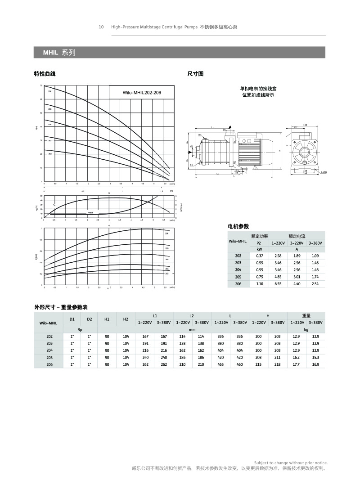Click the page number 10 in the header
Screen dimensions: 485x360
(101, 27)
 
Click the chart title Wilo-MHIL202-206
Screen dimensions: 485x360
(142, 92)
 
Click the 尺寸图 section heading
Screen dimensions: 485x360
(195, 74)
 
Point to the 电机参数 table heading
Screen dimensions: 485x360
(238, 226)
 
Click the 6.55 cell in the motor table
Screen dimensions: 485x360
(278, 284)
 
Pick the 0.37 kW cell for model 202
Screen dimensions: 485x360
(260, 256)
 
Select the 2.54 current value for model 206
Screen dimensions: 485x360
(315, 284)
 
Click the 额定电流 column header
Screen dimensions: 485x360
(297, 236)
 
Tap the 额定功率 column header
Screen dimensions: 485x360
(259, 236)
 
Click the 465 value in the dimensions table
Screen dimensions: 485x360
(220, 364)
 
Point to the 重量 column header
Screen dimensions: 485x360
(306, 316)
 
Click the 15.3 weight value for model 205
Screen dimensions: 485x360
(315, 357)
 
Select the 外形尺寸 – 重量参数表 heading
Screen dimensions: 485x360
(61, 307)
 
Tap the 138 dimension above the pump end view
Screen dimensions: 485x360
(305, 125)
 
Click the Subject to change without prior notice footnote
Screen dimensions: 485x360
(291, 463)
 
